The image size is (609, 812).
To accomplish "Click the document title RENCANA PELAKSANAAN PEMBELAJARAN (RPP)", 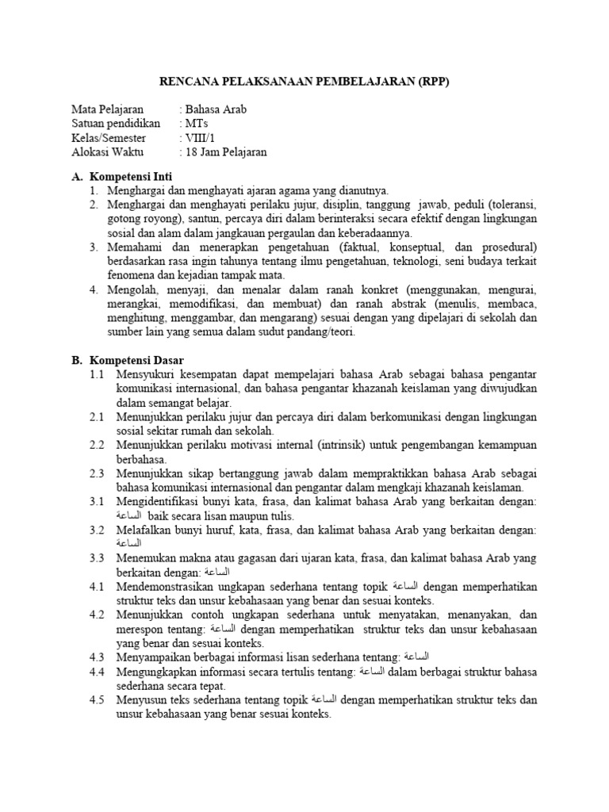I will click(x=304, y=80).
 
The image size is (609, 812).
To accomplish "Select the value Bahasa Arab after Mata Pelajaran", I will click(x=215, y=109).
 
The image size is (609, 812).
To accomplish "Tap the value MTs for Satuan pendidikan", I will click(x=196, y=124).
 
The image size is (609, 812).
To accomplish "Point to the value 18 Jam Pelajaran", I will click(x=226, y=152).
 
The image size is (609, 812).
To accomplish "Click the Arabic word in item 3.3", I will click(x=219, y=573).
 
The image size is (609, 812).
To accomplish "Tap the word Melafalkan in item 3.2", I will click(x=144, y=530).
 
